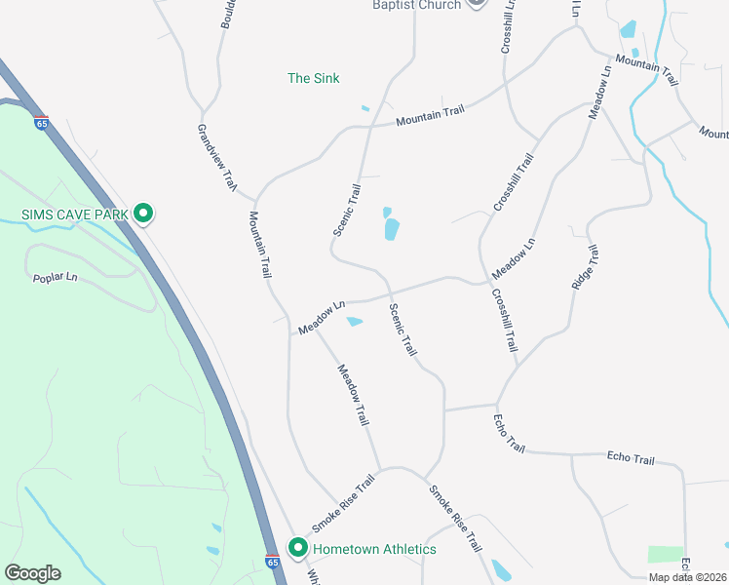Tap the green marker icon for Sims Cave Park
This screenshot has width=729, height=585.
tap(143, 213)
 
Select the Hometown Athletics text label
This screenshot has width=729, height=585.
tap(374, 549)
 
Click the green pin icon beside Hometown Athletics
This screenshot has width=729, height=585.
tap(298, 548)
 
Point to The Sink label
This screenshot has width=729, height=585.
tap(314, 78)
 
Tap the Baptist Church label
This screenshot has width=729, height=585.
tap(416, 5)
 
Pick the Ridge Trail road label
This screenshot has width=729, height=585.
tap(583, 266)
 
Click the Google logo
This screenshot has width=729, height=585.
tap(32, 573)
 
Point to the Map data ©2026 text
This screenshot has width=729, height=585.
tap(687, 577)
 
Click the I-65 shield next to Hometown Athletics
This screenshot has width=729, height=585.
tap(272, 562)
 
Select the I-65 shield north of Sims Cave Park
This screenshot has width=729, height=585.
tap(41, 123)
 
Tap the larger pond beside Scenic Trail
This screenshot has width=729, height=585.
tap(392, 229)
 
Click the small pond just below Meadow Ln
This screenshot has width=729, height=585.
tap(355, 322)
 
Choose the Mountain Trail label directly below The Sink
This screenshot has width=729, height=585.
tap(430, 118)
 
